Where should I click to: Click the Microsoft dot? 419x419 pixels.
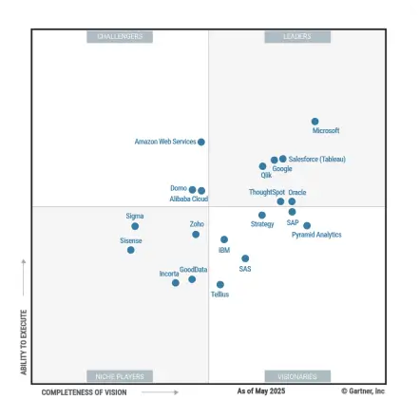315,122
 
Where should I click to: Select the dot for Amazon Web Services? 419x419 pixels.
201,142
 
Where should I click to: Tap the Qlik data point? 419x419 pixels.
263,166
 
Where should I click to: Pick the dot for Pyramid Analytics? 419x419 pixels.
307,226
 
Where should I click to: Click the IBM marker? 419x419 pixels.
224,240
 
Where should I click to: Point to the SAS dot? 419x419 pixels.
245,258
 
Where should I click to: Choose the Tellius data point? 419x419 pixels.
220,284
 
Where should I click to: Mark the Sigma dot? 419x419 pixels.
135,226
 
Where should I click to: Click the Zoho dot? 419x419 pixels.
196,234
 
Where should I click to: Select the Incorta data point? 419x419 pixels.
176,282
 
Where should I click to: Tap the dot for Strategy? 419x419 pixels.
262,216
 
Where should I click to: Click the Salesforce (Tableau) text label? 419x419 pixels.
316,160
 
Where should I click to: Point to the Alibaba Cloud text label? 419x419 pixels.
188,200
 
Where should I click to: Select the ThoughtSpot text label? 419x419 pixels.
266,192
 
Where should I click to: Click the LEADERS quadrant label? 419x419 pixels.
297,36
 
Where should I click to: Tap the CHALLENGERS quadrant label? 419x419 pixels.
120,36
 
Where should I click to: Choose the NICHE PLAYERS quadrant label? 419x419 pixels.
120,376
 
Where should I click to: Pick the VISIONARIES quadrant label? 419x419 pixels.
297,376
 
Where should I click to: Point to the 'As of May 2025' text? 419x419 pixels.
260,391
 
